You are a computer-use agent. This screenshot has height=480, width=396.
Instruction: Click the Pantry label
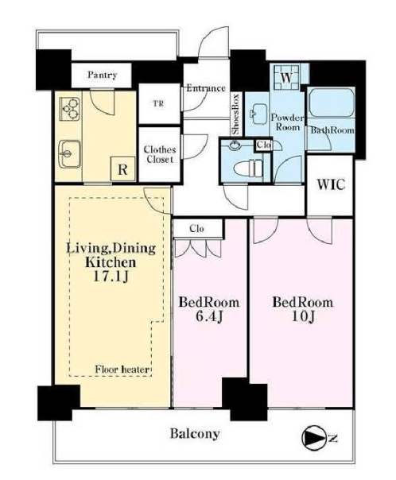point(103,75)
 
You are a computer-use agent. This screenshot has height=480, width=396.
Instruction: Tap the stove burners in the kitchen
point(70,109)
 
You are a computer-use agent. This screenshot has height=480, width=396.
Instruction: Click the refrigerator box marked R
point(122,169)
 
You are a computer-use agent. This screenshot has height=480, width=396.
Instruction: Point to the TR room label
point(158,104)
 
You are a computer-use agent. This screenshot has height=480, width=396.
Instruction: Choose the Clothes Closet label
point(160,154)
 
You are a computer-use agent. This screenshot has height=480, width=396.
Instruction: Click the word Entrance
point(206,88)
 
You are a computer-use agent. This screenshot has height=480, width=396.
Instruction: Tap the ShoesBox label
point(236,114)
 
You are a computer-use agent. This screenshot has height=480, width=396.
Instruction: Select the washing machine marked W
point(287,77)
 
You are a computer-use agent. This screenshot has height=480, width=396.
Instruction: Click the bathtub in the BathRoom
point(332,103)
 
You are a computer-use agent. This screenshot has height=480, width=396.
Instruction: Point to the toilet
point(248,168)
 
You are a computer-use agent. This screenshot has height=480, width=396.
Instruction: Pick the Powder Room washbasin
point(258,114)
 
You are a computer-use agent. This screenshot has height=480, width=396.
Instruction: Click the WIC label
point(331,184)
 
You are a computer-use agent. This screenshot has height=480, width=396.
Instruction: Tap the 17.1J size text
point(111,277)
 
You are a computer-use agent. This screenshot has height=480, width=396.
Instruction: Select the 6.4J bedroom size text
point(209,317)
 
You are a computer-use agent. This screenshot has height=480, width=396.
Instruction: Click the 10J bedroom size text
point(303,317)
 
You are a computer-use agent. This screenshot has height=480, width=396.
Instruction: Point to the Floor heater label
point(122,370)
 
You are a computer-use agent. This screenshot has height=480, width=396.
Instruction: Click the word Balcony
point(195,433)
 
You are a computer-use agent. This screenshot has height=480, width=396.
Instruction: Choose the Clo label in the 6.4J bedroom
point(196,228)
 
